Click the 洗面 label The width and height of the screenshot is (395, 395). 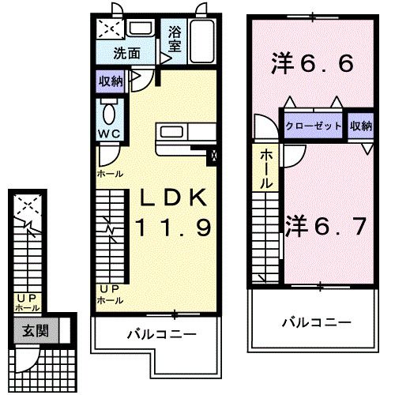click(x=126, y=55)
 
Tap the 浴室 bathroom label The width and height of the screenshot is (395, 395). click(x=175, y=40)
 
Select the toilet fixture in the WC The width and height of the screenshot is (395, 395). click(x=109, y=110)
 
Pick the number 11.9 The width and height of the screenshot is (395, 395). click(x=171, y=229)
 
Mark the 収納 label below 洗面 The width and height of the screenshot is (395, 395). click(x=111, y=81)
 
